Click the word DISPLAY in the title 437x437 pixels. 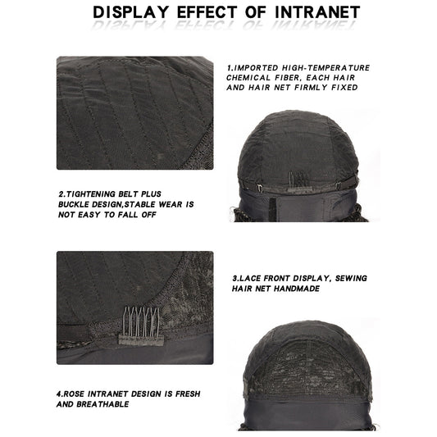click(x=130, y=12)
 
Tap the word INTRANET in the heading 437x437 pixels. click(x=317, y=12)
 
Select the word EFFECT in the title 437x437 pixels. click(x=207, y=12)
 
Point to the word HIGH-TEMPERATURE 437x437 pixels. click(x=325, y=68)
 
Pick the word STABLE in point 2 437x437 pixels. click(x=139, y=205)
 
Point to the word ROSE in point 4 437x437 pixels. click(x=74, y=394)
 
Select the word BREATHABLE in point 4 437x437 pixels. click(x=102, y=404)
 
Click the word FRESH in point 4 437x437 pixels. click(x=188, y=394)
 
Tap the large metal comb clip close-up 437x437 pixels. click(x=141, y=326)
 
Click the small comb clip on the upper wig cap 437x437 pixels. click(x=298, y=180)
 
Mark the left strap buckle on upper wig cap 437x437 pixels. click(x=260, y=188)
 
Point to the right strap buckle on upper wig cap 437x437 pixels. click(x=338, y=185)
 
